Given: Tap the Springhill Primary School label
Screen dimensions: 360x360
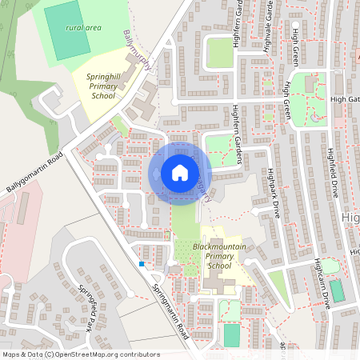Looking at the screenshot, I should coord(111,86).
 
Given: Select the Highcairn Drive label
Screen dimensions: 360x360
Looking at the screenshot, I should coord(322,284).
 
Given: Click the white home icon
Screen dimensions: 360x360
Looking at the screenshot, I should coord(180,172).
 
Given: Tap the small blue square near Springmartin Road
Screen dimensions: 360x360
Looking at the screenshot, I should coord(142,263).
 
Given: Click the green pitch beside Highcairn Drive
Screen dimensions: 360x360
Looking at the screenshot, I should coord(338,291).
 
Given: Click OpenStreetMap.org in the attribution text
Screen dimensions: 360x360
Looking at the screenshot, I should coord(96,354).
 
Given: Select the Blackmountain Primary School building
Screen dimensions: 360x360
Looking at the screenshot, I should coord(214,281).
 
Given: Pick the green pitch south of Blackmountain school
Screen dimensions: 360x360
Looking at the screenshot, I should coord(231,334).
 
